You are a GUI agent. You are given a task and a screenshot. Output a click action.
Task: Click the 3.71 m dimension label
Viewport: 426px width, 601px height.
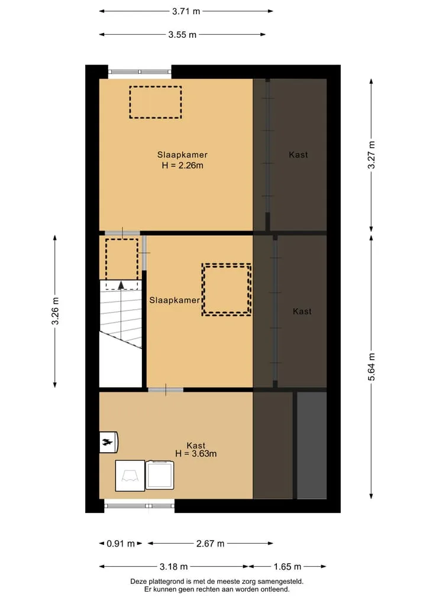pos(186,11)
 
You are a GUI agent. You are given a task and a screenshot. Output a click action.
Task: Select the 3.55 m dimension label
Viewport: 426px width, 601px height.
pos(182,34)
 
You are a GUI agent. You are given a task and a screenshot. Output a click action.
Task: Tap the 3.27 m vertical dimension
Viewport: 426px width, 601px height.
pos(371,155)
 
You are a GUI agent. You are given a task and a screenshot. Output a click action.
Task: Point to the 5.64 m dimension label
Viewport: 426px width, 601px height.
pos(371,367)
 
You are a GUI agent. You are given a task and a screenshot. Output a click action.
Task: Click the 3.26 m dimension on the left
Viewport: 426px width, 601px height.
pos(55,311)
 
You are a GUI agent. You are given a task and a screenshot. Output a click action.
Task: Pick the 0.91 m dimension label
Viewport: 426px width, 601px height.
pos(121,544)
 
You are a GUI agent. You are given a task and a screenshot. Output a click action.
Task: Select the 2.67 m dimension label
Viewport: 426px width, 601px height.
pos(210,544)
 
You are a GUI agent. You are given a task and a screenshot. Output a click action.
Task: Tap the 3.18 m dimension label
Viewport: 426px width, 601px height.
pos(174,567)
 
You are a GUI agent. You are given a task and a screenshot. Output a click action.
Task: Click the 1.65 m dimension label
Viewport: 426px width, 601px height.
pos(288,567)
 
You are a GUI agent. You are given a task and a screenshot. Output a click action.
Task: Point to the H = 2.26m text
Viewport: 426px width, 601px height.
pos(182,165)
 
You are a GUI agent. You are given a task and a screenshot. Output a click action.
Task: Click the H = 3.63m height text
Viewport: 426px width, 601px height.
pos(196,454)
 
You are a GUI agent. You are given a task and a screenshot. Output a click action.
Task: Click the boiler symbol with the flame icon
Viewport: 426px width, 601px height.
pos(109,442)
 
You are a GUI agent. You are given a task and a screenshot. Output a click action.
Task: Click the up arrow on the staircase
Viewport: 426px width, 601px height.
pos(121,285)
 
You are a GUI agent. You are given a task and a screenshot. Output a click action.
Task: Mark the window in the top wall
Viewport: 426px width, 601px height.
pos(140,72)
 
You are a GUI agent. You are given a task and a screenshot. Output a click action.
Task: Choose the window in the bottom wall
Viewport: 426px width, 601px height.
pos(139,506)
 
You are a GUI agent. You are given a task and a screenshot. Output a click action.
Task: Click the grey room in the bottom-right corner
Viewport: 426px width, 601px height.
pos(312,446)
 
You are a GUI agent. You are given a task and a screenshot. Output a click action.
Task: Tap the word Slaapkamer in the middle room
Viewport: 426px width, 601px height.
pos(175,300)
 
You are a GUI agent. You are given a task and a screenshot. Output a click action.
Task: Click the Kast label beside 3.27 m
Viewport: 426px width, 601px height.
pos(298,155)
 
